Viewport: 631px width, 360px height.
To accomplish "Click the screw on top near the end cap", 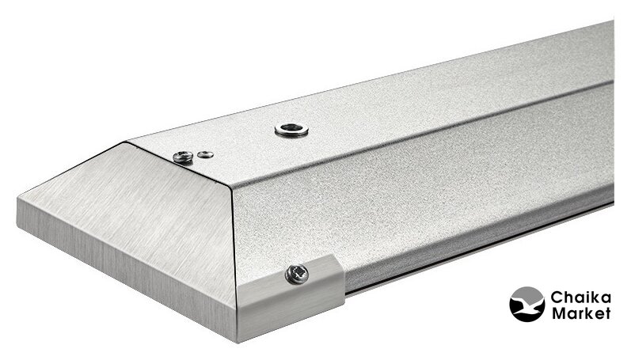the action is [183, 157].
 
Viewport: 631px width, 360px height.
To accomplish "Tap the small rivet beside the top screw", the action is [206, 154].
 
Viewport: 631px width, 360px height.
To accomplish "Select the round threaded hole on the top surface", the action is [292, 130].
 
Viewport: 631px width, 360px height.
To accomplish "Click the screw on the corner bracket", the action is [297, 275].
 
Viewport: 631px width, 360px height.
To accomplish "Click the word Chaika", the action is [580, 298].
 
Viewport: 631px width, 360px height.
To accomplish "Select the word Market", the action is [580, 313].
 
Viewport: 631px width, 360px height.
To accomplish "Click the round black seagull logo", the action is [527, 304].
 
